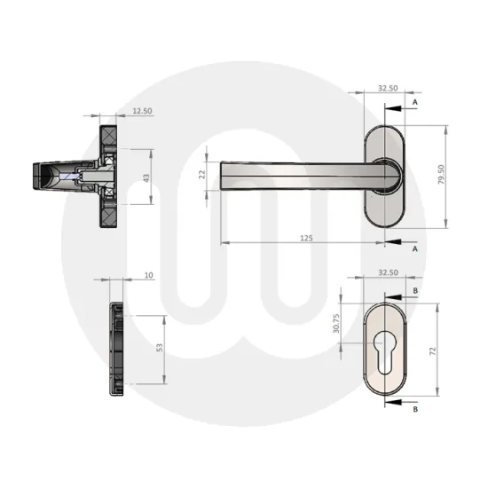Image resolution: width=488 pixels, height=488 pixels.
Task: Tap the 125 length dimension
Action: pos(305,238)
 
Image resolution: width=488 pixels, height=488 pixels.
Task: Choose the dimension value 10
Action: pos(147,277)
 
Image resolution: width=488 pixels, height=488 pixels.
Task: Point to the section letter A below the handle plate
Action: pos(414,249)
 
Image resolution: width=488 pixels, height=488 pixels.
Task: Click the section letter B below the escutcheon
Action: pos(414,409)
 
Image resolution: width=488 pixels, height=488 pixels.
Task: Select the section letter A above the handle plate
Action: pos(414,103)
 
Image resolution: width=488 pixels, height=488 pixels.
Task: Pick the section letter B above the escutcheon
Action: pos(414,290)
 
